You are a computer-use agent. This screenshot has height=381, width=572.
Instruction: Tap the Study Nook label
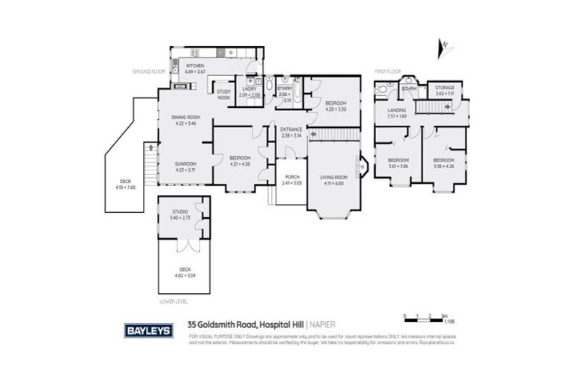coord(223,95)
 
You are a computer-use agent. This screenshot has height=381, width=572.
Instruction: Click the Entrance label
coord(291,129)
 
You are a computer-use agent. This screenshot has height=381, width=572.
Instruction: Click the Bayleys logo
coord(148,328)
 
